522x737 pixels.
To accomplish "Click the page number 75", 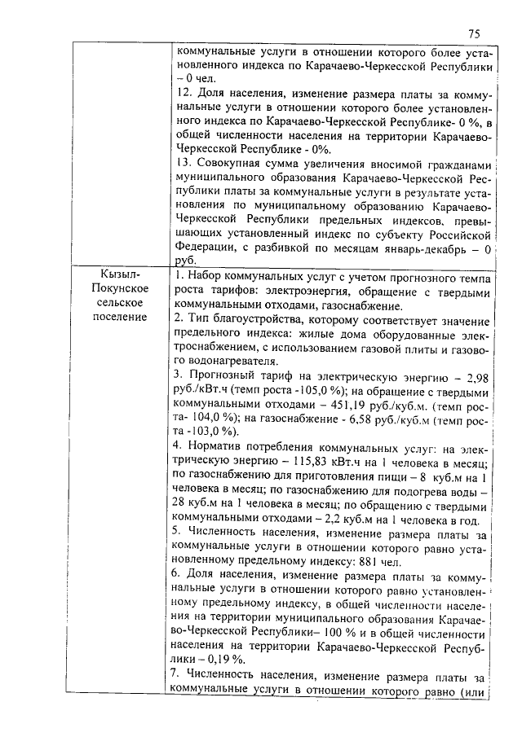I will [475, 33].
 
